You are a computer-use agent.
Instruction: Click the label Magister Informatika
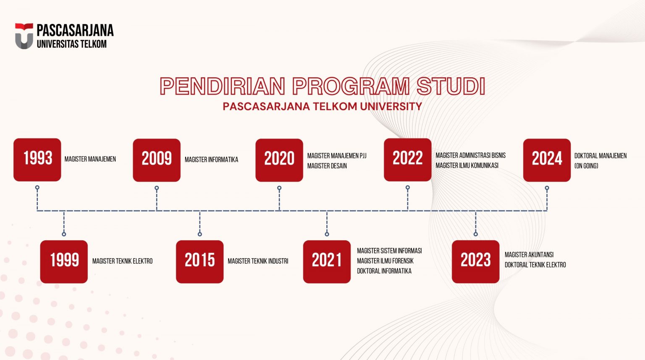click(211, 160)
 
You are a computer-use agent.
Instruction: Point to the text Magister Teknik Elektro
click(122, 261)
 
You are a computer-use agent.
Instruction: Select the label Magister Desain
click(327, 166)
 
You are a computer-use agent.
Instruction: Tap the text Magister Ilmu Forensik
click(385, 261)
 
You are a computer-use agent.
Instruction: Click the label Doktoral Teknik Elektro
click(535, 265)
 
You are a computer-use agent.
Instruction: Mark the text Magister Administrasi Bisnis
click(470, 155)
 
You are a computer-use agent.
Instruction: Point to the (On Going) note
click(586, 166)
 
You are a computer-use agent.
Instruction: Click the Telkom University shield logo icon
click(24, 36)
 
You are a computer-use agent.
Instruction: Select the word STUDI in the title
click(451, 86)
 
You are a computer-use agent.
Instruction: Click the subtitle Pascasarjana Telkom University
click(322, 106)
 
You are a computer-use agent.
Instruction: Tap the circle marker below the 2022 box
click(408, 188)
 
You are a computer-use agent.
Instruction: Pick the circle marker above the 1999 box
click(64, 234)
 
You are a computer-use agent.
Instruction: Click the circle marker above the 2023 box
click(476, 234)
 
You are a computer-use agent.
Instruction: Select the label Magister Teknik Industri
click(258, 261)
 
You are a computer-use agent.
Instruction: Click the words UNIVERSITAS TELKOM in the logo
click(72, 44)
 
